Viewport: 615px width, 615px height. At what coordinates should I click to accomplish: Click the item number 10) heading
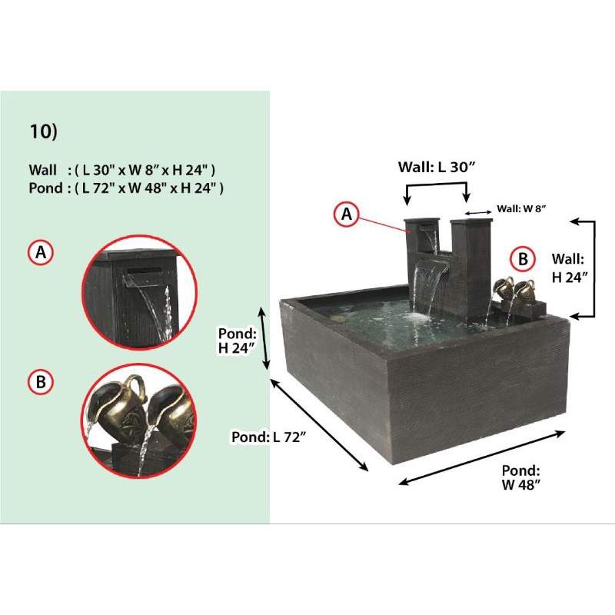44,131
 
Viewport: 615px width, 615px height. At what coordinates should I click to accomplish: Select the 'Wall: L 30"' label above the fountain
437,167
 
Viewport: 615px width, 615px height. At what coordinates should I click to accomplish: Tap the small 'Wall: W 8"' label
521,208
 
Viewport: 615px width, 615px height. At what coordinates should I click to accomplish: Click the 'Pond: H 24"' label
238,341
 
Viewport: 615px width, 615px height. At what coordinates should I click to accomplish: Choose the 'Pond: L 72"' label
268,437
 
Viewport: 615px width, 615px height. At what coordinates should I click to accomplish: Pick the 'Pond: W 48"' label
521,477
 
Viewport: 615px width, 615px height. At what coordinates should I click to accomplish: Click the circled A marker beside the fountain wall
347,214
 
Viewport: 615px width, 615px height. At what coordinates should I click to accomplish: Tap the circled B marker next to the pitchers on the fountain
523,259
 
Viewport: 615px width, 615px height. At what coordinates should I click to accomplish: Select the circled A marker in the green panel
41,252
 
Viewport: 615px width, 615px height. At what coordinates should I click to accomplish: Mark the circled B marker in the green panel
41,381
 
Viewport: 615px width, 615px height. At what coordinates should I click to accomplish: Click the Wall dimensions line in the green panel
122,170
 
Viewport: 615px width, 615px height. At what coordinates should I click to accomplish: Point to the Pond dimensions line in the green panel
126,188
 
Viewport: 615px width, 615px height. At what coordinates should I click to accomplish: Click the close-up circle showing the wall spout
139,292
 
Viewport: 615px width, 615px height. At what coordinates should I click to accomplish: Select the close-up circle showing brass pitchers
139,421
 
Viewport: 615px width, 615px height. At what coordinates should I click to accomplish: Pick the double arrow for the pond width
482,457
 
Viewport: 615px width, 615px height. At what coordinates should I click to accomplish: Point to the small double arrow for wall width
478,213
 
